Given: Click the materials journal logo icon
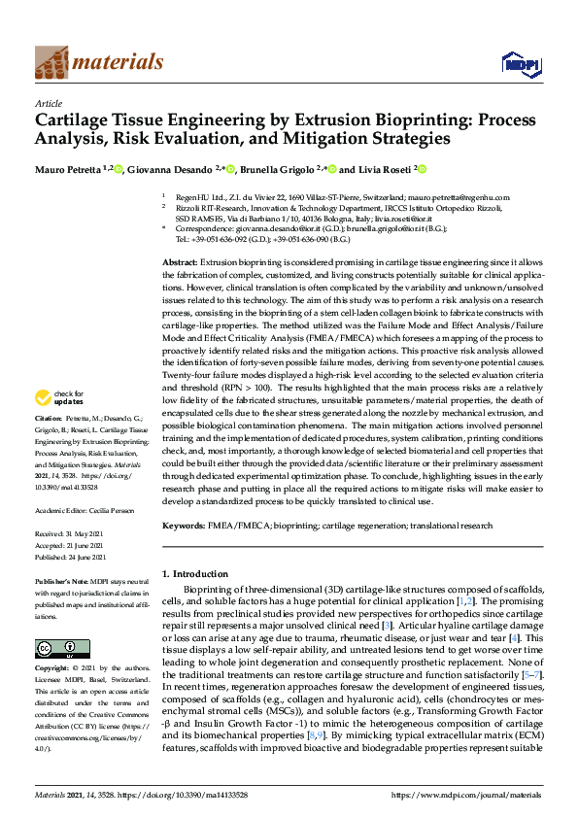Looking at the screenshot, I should (x=51, y=62).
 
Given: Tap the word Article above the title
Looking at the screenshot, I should (x=48, y=103).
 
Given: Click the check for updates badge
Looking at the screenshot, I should (x=57, y=396).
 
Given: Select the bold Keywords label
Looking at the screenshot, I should (x=184, y=525).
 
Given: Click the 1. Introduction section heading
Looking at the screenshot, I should (x=201, y=575).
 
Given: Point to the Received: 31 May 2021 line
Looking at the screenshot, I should (x=74, y=535).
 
